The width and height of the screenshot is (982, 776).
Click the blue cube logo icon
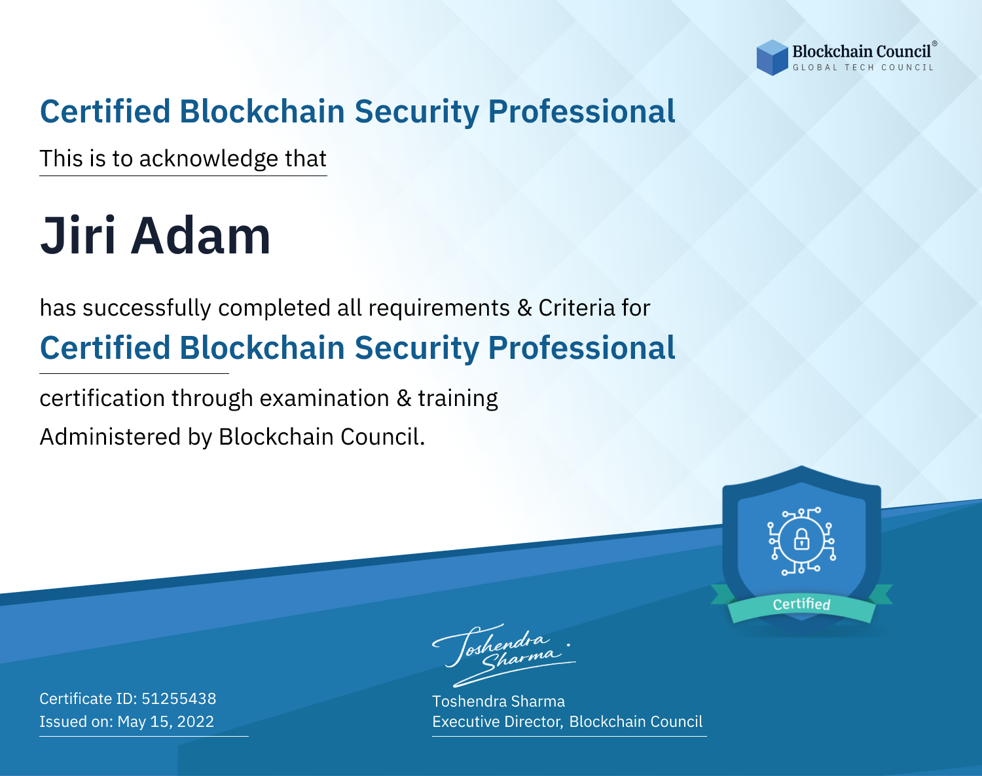point(772,58)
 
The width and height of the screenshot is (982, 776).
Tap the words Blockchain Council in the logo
point(862,52)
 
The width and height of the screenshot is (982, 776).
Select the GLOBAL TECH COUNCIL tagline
point(864,67)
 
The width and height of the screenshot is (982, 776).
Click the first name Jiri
point(77,236)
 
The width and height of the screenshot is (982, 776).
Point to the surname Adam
point(201,236)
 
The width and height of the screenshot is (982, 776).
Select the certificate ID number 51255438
point(179,698)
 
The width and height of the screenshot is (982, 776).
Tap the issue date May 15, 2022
point(166,721)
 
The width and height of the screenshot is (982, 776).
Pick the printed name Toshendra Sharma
point(498,701)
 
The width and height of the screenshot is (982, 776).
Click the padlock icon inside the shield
point(801,540)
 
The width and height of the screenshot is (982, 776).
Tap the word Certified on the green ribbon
point(801,604)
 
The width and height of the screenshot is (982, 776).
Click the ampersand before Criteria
point(524,308)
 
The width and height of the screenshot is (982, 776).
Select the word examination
point(324,398)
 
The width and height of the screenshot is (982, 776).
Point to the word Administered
point(110,437)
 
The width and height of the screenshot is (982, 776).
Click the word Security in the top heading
point(417,112)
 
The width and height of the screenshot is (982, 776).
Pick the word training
point(458,399)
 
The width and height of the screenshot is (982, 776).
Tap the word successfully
point(147,308)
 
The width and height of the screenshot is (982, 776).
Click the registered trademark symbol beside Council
point(934,43)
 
